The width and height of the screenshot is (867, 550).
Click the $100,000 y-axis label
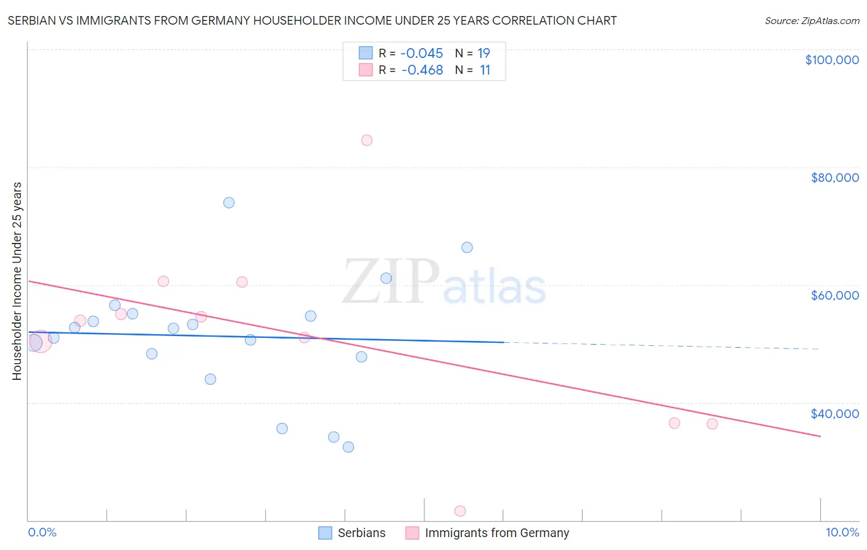(x=832, y=60)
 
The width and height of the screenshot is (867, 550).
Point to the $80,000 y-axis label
(x=834, y=178)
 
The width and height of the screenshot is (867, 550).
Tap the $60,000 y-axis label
(x=834, y=295)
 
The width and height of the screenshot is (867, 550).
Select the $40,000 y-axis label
(x=834, y=414)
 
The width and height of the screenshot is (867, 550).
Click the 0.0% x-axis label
(x=42, y=533)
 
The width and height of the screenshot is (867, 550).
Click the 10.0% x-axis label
(x=842, y=533)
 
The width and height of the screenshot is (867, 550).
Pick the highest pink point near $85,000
(x=367, y=140)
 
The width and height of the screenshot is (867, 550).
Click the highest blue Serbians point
(x=229, y=203)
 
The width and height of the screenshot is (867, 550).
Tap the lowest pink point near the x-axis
(x=460, y=511)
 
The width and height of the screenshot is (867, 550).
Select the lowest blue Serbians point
(x=348, y=447)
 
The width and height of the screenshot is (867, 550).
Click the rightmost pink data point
(x=712, y=424)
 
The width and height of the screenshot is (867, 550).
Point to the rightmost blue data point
(x=467, y=247)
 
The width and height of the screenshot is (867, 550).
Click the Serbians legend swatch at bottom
(x=325, y=533)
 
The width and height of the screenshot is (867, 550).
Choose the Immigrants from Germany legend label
(x=496, y=533)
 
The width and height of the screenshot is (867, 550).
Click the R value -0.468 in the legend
(x=422, y=70)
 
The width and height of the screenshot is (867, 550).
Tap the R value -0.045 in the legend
(x=422, y=54)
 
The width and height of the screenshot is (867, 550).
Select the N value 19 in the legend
(x=484, y=54)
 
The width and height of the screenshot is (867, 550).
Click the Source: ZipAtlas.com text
(x=812, y=21)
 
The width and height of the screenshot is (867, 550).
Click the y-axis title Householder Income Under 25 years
(x=17, y=281)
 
